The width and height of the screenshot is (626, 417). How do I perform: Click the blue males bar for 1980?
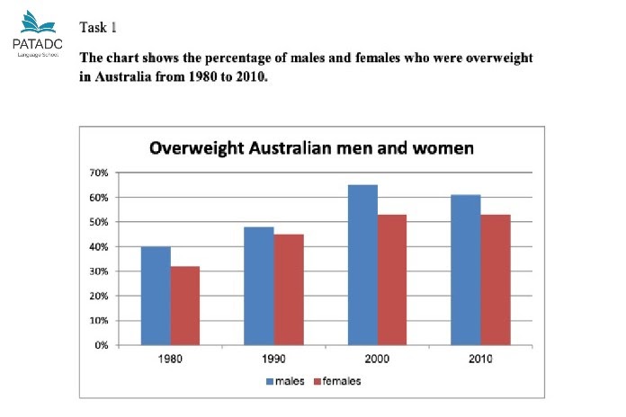pos(156,296)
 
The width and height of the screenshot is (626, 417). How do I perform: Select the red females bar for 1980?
pos(185,306)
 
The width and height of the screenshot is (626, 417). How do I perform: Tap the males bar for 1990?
pos(259,286)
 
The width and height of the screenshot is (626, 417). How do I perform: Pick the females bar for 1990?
pos(289,289)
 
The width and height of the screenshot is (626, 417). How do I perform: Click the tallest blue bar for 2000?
pos(362,265)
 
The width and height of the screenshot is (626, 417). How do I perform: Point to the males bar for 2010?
pos(466,270)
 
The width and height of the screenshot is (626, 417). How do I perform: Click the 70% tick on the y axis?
pos(99,173)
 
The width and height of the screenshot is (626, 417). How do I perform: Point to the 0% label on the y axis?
pos(102,345)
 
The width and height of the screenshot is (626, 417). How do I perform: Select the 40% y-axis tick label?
pos(99,246)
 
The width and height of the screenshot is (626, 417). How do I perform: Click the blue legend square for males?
pos(269,381)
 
